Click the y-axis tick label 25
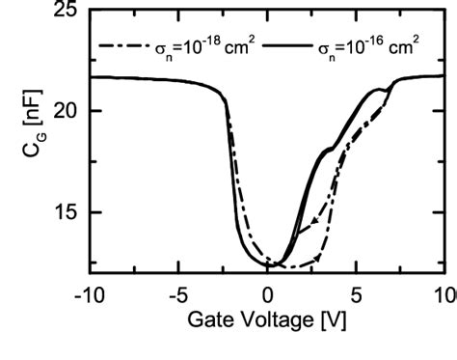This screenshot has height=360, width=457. [65, 13]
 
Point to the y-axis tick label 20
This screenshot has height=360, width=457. [65, 111]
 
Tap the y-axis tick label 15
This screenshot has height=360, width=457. [65, 212]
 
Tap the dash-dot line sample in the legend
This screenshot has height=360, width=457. [121, 45]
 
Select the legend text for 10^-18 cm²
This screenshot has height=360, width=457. [199, 44]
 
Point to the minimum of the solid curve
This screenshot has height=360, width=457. [273, 263]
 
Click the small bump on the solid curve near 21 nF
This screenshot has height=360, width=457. [386, 90]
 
